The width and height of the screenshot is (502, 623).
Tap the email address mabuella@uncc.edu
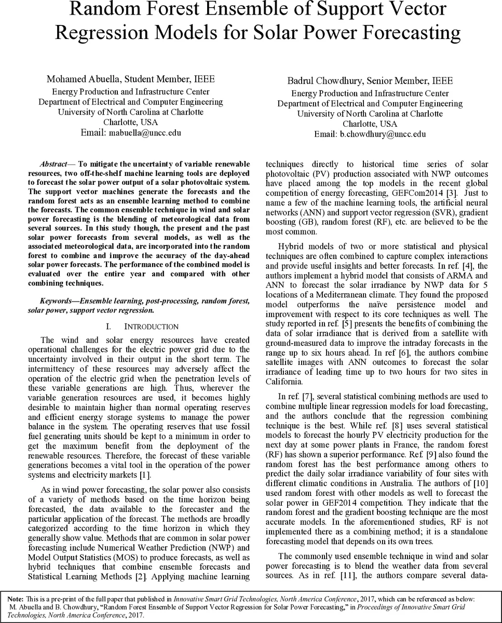(144, 133)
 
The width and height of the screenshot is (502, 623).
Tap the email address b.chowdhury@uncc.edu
(383, 134)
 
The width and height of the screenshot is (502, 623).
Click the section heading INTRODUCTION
(151, 327)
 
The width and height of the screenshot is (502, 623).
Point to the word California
(284, 382)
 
